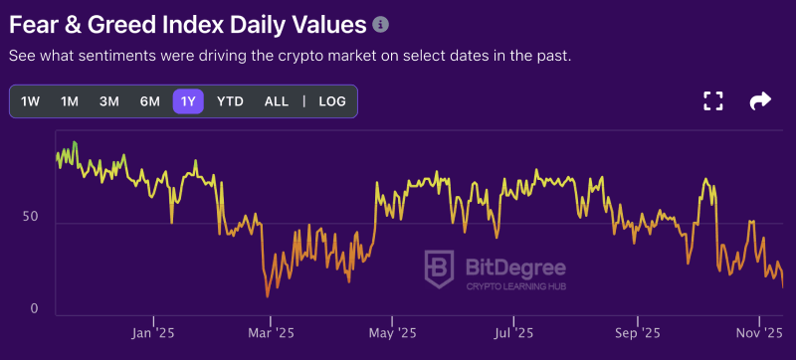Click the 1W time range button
[x=31, y=101]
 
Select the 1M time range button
[x=70, y=101]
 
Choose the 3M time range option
[x=109, y=101]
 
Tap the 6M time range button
[x=149, y=101]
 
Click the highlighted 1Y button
[x=188, y=101]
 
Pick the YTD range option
[x=230, y=101]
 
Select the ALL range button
[x=277, y=101]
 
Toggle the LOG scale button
[x=332, y=101]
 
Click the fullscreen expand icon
[x=712, y=100]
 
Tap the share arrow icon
[x=760, y=100]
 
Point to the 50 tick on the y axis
[x=30, y=217]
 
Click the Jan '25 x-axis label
[x=153, y=333]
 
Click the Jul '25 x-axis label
[x=513, y=333]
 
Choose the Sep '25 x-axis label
[x=637, y=333]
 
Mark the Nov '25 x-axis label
[x=759, y=333]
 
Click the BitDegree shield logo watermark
[x=441, y=270]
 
